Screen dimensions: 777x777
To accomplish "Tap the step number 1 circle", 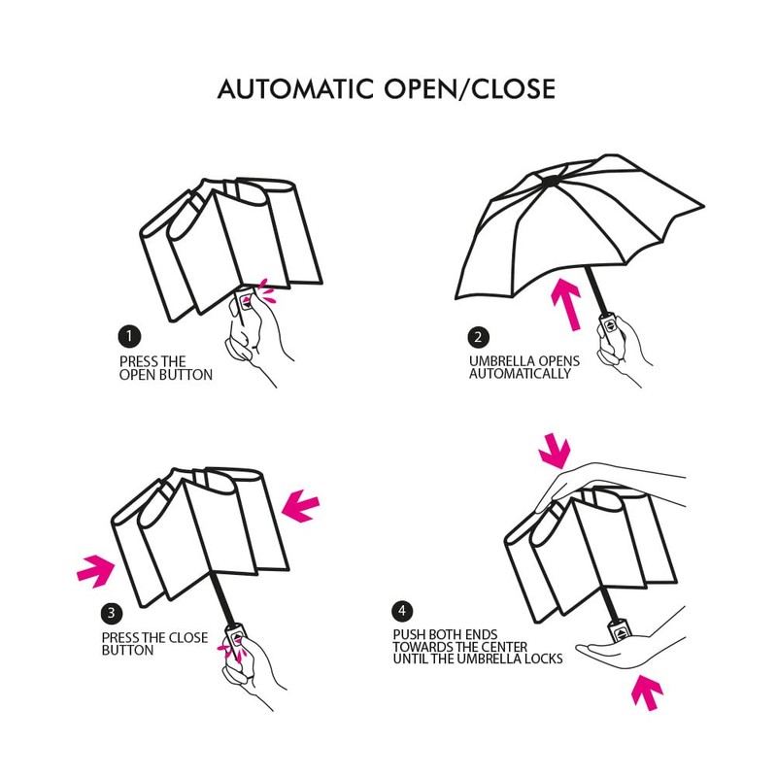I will (126, 336).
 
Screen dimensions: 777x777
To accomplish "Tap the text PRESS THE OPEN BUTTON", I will (165, 367).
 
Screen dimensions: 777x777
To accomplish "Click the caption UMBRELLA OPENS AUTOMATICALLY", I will (524, 367).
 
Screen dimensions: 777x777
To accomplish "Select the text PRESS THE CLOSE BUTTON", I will (154, 644).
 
